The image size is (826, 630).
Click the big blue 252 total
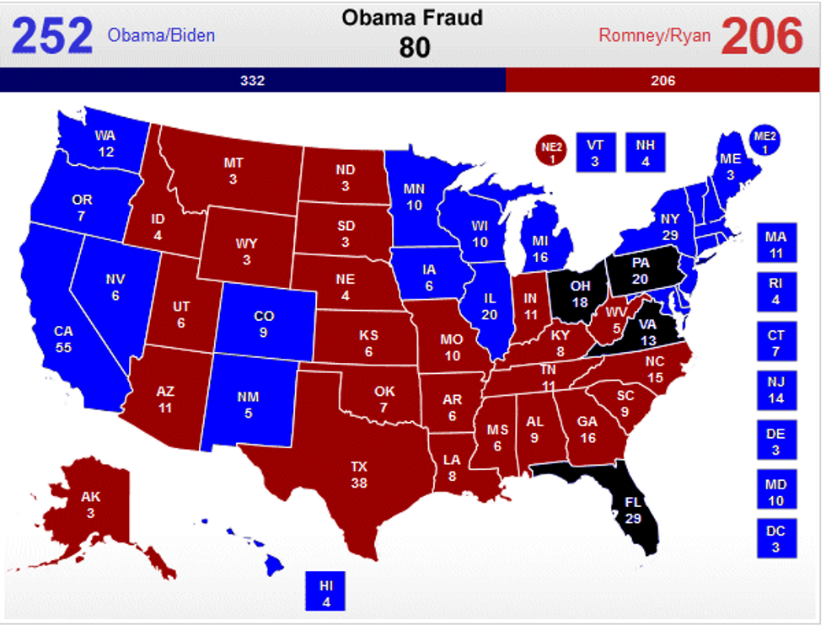point(51,35)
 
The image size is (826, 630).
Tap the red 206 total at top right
point(762,35)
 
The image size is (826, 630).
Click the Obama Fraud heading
point(412,18)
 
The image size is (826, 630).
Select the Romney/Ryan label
point(654,35)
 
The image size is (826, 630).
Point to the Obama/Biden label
point(161,35)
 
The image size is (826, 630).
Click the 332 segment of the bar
point(252,81)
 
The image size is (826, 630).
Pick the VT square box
point(596,152)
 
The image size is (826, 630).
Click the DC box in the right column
point(775,537)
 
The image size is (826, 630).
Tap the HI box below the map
point(325,590)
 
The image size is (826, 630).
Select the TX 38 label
point(359,474)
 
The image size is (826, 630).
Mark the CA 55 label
point(64,339)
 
